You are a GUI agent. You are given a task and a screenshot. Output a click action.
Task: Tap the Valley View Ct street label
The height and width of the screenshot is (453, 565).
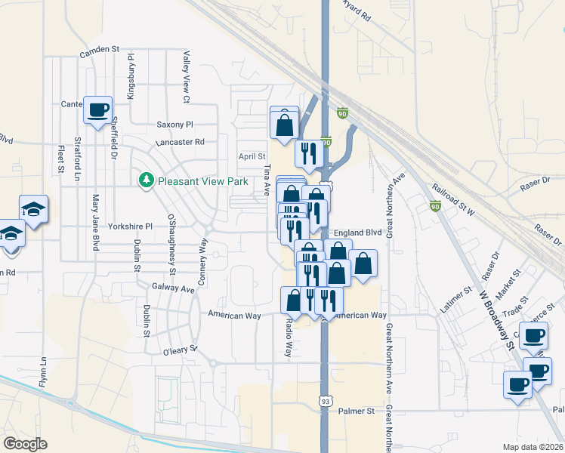point(186,77)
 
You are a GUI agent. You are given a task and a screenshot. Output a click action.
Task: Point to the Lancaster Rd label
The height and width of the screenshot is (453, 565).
point(180,142)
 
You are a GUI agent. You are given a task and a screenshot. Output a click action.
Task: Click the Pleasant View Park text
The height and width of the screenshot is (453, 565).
point(202,181)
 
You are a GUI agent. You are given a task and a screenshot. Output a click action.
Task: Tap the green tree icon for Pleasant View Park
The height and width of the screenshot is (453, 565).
point(146,180)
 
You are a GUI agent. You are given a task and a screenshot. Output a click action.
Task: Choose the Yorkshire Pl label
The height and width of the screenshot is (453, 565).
point(130,226)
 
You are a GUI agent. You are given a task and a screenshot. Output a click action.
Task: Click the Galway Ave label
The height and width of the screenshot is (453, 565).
point(173,288)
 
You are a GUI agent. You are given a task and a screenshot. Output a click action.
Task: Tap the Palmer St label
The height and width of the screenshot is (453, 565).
point(357,411)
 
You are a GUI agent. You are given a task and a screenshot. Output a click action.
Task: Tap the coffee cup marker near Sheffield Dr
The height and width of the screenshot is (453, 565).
point(97,109)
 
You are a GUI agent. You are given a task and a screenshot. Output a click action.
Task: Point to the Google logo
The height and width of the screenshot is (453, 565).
point(25,444)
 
